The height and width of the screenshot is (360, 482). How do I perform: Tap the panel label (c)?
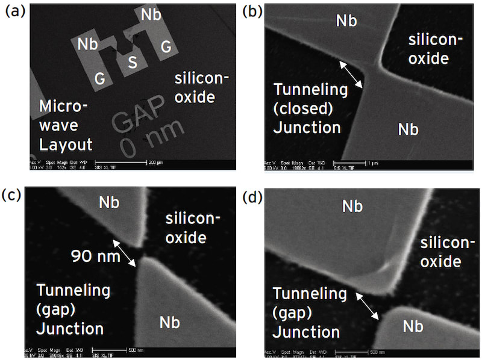tap(14, 195)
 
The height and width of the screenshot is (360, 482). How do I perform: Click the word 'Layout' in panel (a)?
tap(66, 144)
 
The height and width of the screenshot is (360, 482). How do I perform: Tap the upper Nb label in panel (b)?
tap(346, 21)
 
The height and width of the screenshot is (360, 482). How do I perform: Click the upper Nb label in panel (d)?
tap(352, 206)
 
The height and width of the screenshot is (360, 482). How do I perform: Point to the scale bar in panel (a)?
tap(148, 163)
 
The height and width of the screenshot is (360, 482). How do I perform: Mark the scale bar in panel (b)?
tap(376, 163)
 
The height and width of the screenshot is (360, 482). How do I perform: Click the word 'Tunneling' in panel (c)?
tap(74, 291)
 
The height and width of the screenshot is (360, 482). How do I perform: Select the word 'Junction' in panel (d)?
tap(306, 332)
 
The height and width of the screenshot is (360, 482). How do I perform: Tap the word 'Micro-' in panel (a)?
tap(63, 107)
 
